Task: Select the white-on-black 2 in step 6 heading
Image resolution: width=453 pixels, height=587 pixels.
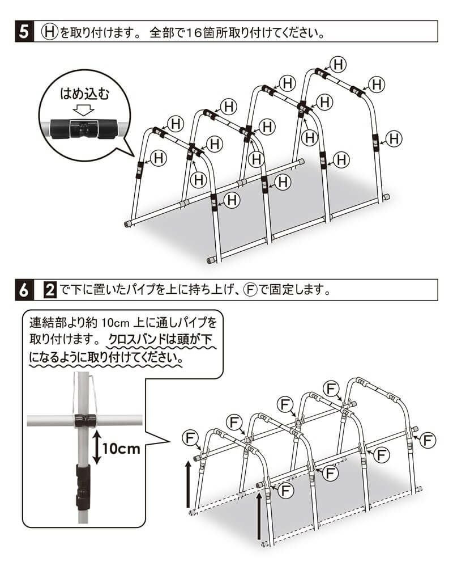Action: tap(49, 290)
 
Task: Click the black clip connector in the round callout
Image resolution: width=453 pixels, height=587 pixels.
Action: tap(83, 128)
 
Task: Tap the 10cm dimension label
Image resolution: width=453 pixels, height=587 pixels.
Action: tap(121, 448)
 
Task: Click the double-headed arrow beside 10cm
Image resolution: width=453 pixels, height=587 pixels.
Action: tap(96, 447)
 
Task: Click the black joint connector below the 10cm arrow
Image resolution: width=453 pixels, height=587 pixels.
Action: tap(83, 485)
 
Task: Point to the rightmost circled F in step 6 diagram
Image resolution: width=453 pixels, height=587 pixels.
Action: tap(429, 439)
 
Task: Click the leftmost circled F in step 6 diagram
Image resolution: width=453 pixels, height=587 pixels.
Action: tap(191, 438)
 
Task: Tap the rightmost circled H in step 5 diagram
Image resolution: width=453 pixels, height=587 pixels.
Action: tap(395, 138)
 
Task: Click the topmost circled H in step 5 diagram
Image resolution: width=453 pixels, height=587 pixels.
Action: tap(338, 64)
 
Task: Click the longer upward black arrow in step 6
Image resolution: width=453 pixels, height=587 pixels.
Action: tap(259, 516)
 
